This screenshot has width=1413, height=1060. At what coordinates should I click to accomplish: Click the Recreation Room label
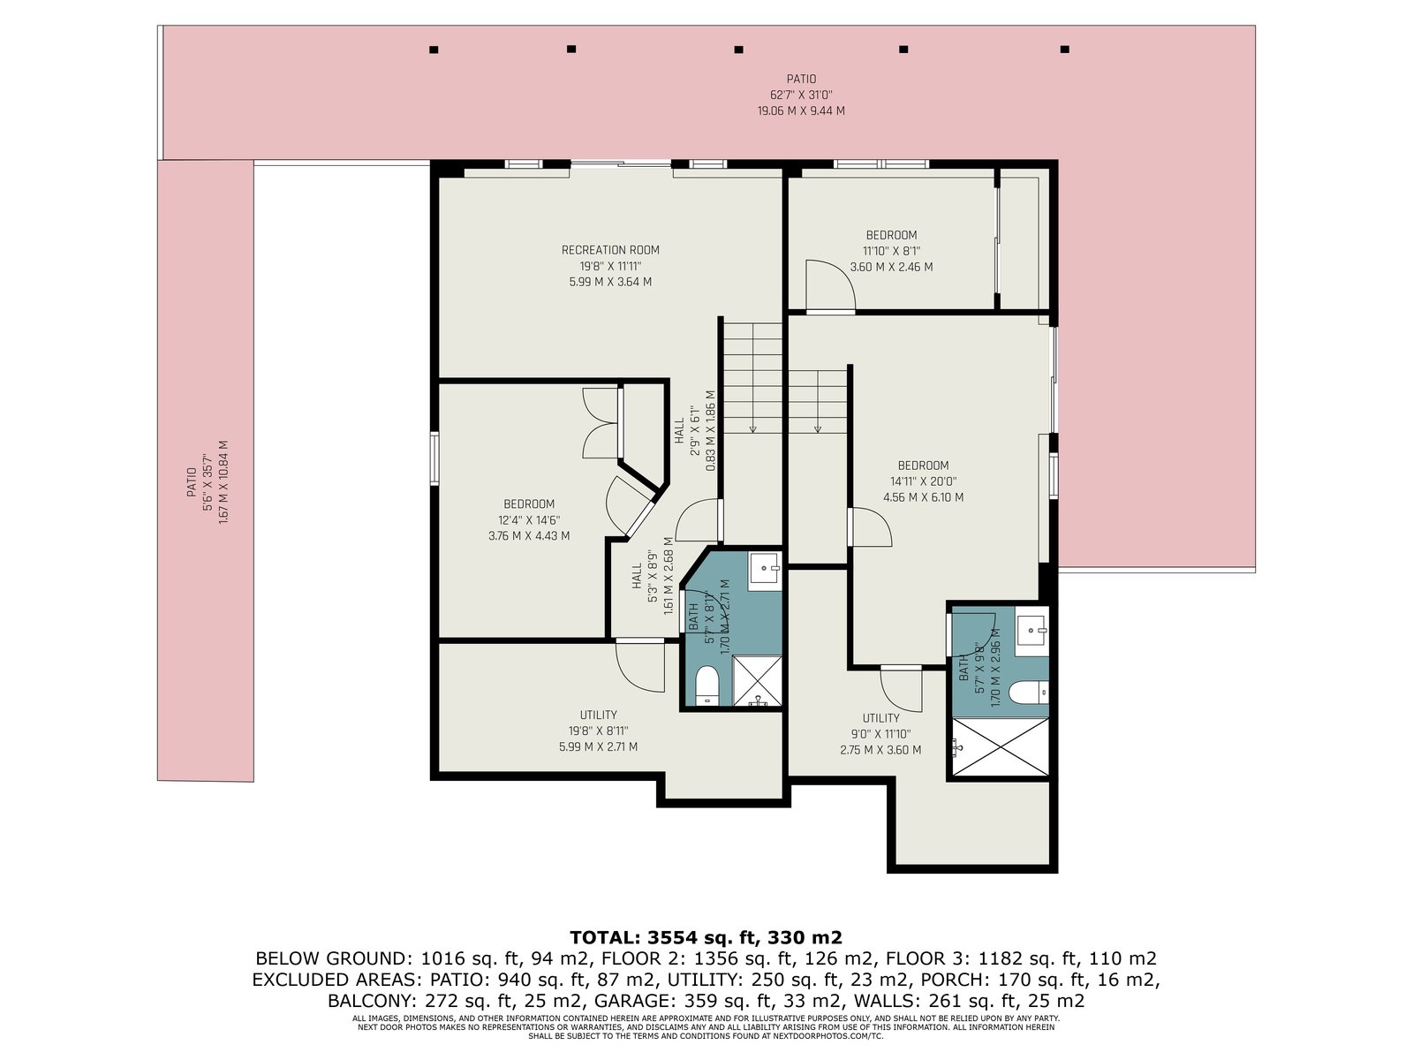point(610,250)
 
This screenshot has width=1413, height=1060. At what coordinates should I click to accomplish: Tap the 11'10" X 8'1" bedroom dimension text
point(891,251)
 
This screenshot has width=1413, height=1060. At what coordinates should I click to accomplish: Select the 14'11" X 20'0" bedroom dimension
point(923,481)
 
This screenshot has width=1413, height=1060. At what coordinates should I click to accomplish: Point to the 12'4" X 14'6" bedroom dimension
point(528,520)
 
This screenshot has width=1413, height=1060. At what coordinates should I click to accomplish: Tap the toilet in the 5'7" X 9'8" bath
point(1028,693)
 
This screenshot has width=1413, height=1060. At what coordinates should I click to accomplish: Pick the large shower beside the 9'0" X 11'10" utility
point(1001,746)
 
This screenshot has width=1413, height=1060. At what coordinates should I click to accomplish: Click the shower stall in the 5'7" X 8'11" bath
point(757,681)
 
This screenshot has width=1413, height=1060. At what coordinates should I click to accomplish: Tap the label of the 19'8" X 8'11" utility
point(598,715)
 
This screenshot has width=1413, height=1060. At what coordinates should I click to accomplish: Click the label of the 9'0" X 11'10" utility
point(880,718)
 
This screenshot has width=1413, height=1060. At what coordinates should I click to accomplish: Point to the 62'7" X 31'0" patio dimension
point(801,95)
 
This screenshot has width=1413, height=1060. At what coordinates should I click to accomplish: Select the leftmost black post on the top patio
point(434,49)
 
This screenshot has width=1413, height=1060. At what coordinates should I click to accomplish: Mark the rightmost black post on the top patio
point(1065,49)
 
